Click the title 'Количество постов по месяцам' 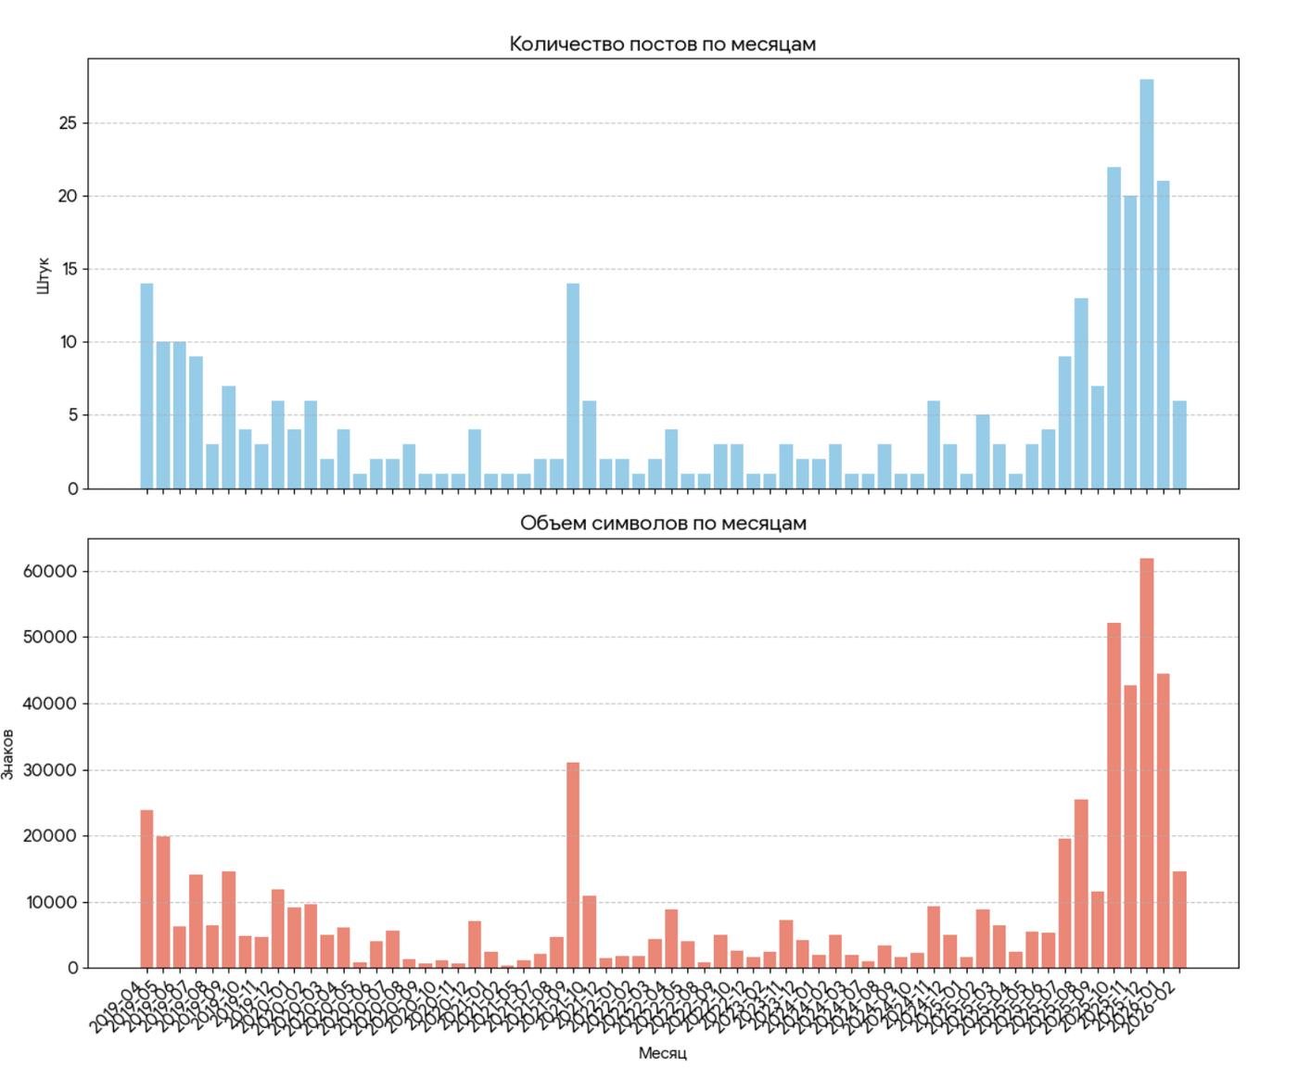point(662,44)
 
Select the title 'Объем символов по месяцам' point(662,523)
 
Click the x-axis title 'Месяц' point(662,1053)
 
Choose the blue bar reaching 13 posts point(1081,393)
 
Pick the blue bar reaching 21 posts point(1163,335)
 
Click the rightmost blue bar point(1179,444)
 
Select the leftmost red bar point(146,889)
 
